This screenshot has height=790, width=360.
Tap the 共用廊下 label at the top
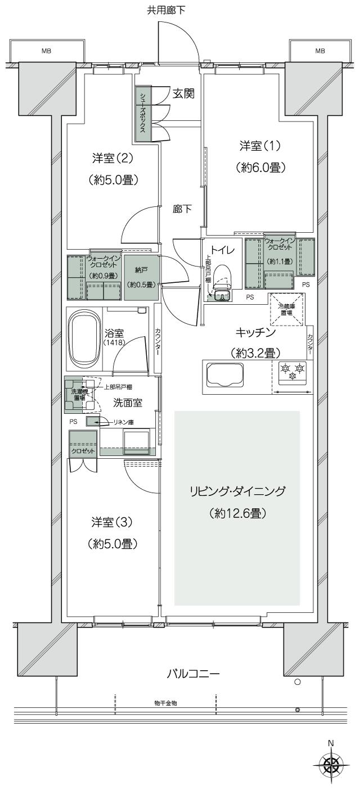click(x=166, y=10)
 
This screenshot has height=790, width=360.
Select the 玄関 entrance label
click(x=183, y=94)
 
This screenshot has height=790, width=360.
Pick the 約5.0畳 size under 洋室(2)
click(x=113, y=180)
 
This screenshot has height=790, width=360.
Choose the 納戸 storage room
click(x=137, y=277)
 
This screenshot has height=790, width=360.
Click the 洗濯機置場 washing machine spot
click(x=75, y=394)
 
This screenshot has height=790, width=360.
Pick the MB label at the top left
click(x=46, y=51)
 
